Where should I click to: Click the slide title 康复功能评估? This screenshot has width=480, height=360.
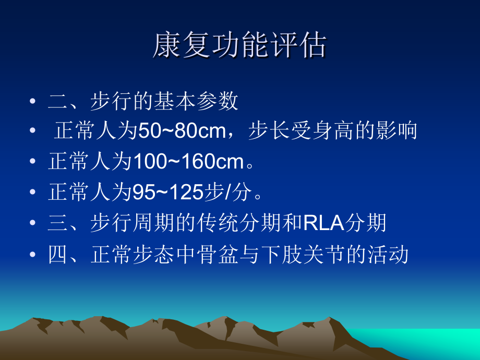tap(239, 46)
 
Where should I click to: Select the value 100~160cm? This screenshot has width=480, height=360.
tap(189, 162)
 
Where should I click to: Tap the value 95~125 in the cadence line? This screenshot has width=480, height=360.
tap(167, 193)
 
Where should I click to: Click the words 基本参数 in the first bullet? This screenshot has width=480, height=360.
tap(196, 101)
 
